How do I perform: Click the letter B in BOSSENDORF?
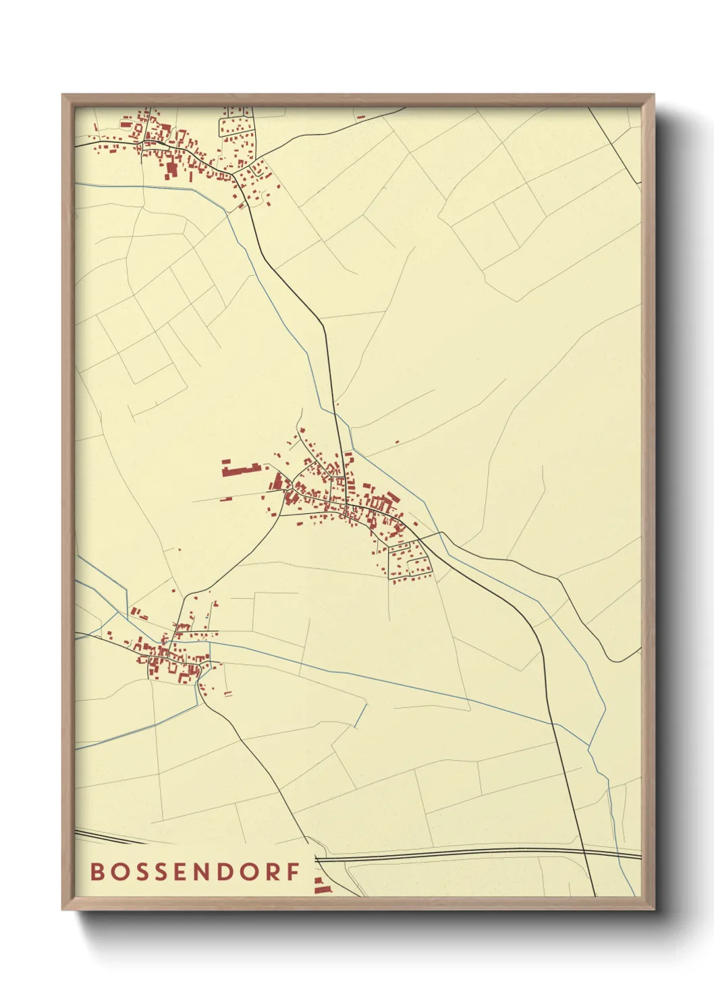tap(97, 871)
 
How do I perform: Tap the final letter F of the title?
tap(294, 871)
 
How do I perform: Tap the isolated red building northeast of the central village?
tap(397, 442)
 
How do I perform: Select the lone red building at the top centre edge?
tap(360, 117)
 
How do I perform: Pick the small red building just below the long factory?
tap(225, 500)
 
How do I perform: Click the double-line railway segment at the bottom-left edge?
tap(108, 838)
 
